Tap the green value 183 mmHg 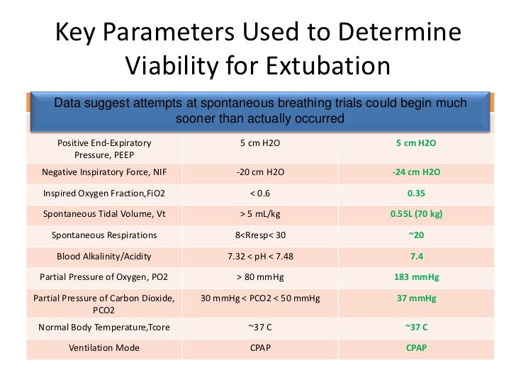point(415,277)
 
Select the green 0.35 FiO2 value point(415,192)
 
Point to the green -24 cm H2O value point(415,172)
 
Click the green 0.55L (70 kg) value point(415,213)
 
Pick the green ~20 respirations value point(415,235)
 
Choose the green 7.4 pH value point(415,256)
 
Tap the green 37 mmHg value point(415,298)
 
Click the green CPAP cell point(415,348)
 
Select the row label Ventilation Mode point(104,348)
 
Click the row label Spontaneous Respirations point(104,235)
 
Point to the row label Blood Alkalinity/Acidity point(104,256)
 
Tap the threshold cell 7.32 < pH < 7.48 point(260,256)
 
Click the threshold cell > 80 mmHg point(260,277)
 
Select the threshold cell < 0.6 point(260,192)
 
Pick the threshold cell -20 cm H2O point(260,172)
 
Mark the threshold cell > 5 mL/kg point(260,213)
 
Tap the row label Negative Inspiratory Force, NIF point(104,172)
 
